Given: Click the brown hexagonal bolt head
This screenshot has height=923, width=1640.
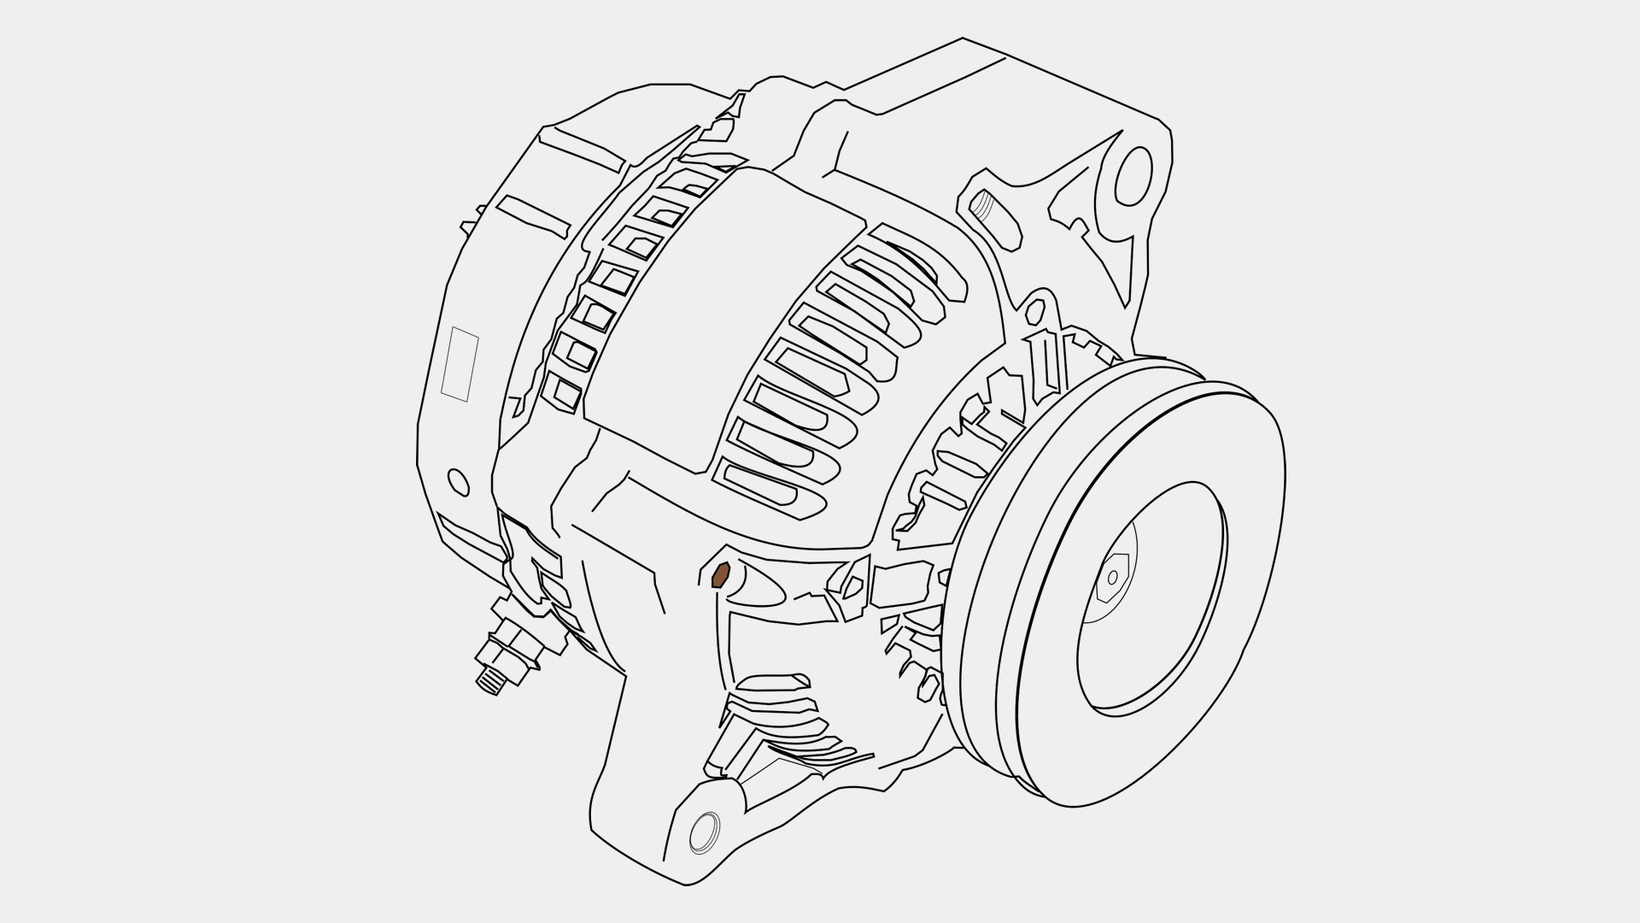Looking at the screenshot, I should [x=720, y=575].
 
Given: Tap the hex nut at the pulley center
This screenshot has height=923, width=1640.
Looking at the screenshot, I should [x=1112, y=577].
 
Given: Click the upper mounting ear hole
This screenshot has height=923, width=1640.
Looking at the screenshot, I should [x=1134, y=176].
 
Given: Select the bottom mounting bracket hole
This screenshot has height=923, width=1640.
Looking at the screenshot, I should [x=705, y=832].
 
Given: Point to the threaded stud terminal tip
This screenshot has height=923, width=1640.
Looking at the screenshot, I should [x=488, y=680].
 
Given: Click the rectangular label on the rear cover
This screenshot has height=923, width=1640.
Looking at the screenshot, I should [x=460, y=363].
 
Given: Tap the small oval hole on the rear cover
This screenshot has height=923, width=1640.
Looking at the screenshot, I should [x=459, y=482].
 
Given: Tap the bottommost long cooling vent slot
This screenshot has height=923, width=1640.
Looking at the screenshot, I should [x=769, y=491].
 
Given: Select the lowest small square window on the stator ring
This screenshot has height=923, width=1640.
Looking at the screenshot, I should [x=565, y=392].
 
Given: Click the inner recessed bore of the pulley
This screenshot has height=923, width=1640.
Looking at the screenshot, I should [x=1153, y=598].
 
